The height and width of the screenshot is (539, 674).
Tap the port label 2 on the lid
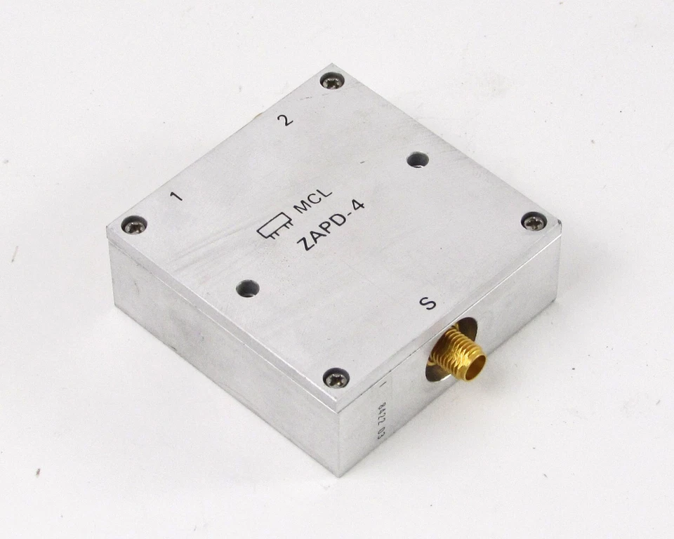pyautogui.click(x=284, y=119)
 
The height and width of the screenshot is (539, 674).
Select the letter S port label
pyautogui.click(x=427, y=303)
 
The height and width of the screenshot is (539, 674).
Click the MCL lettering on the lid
pyautogui.click(x=312, y=204)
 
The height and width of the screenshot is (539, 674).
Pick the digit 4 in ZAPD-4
pyautogui.click(x=359, y=208)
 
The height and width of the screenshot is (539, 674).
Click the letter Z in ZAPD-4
pyautogui.click(x=303, y=244)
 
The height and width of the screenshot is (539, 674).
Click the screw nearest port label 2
pyautogui.click(x=331, y=81)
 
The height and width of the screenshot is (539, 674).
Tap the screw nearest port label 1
pyautogui.click(x=133, y=225)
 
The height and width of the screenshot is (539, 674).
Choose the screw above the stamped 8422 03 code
pyautogui.click(x=336, y=379)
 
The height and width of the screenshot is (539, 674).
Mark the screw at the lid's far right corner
pyautogui.click(x=534, y=222)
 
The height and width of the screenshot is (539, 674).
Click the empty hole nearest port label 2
pyautogui.click(x=418, y=160)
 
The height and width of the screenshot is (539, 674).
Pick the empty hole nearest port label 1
pyautogui.click(x=247, y=288)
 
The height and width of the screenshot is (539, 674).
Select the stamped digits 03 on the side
pyautogui.click(x=381, y=434)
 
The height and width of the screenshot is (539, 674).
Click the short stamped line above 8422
pyautogui.click(x=382, y=385)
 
